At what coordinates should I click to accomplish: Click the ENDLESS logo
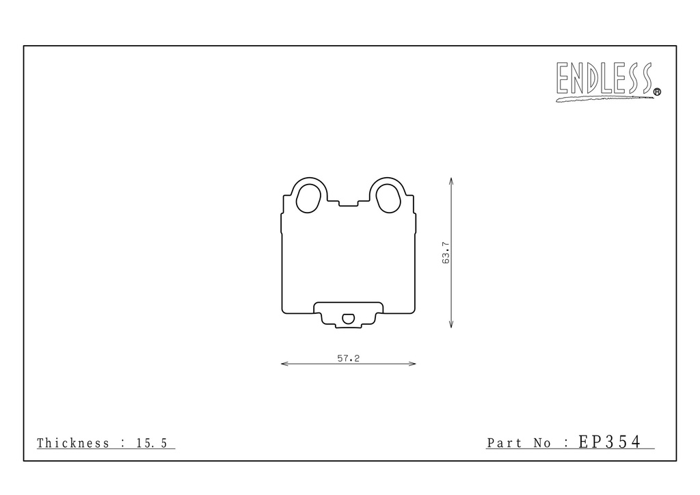pyautogui.click(x=608, y=81)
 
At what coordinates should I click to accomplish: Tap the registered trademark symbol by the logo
pyautogui.click(x=657, y=92)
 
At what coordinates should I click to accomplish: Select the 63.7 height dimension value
pyautogui.click(x=446, y=253)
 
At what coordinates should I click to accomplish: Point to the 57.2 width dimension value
pyautogui.click(x=348, y=358)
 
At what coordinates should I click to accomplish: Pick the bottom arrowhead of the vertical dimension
pyautogui.click(x=451, y=325)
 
